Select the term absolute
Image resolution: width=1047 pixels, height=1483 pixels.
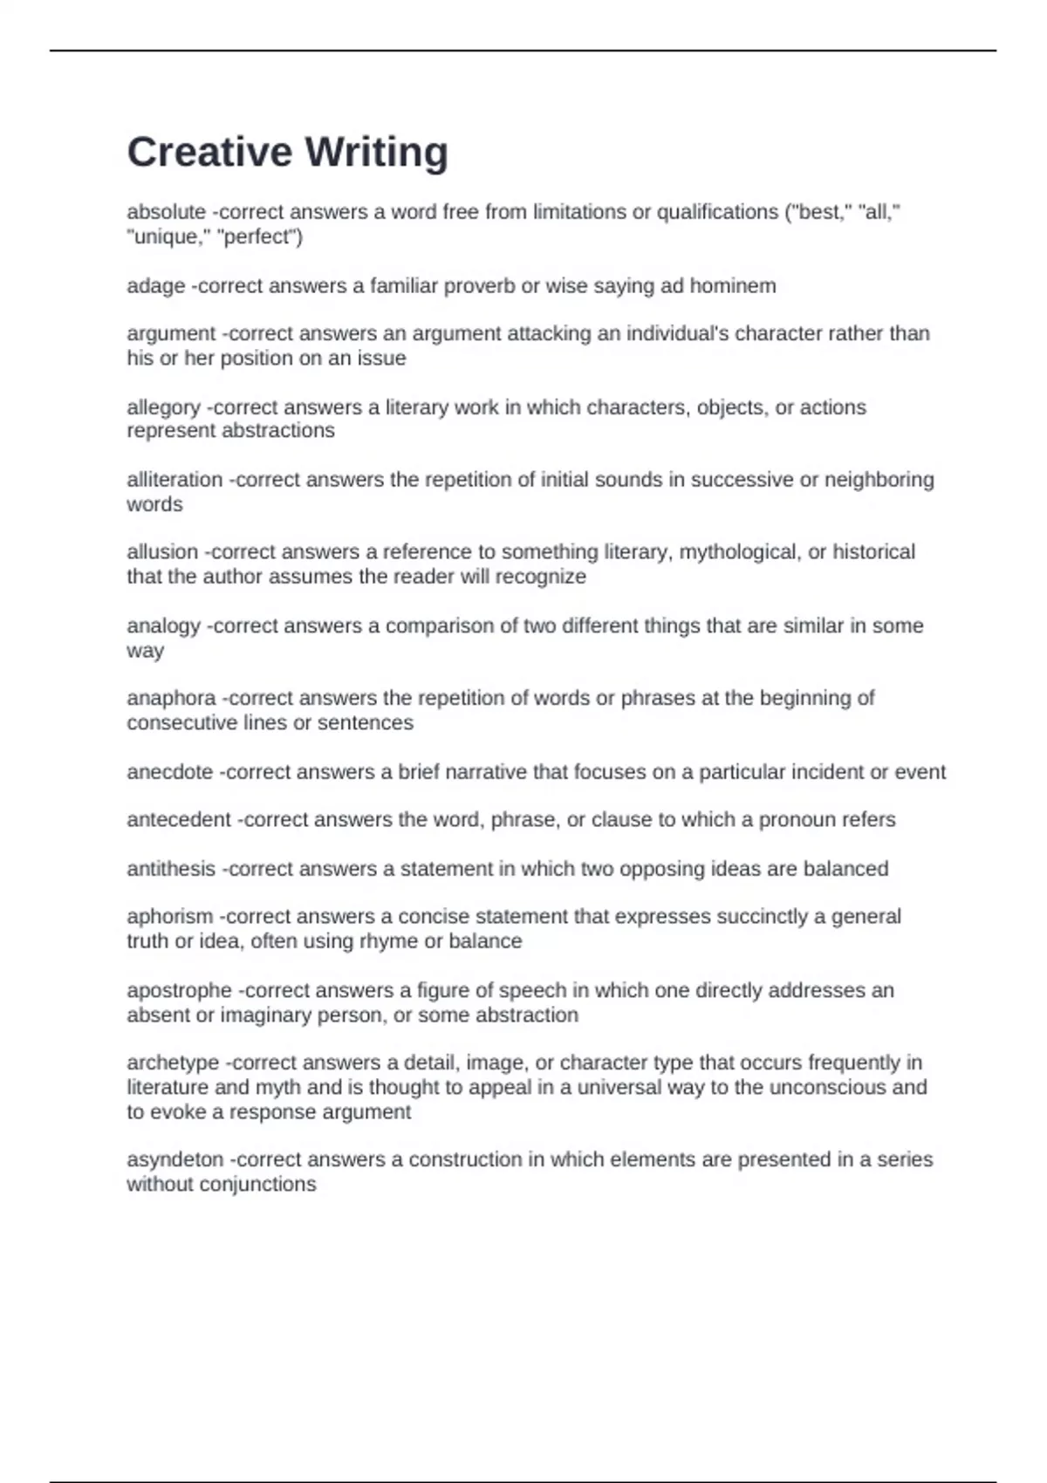(166, 212)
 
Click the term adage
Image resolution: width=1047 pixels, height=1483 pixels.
(155, 286)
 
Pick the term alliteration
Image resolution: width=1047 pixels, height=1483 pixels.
(174, 480)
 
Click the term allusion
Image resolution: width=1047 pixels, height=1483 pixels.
(162, 552)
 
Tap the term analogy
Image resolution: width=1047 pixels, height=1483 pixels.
(163, 626)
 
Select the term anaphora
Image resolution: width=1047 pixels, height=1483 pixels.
(171, 698)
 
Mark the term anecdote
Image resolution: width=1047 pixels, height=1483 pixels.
(169, 772)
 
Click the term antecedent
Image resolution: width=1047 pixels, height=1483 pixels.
(179, 820)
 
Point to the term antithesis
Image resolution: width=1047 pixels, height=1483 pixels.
(171, 869)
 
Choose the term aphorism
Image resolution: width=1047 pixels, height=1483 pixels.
(169, 917)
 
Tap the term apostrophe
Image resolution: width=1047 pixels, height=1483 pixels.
(179, 991)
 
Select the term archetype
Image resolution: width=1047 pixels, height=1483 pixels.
(173, 1063)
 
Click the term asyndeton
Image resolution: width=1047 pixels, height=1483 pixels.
(174, 1159)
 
